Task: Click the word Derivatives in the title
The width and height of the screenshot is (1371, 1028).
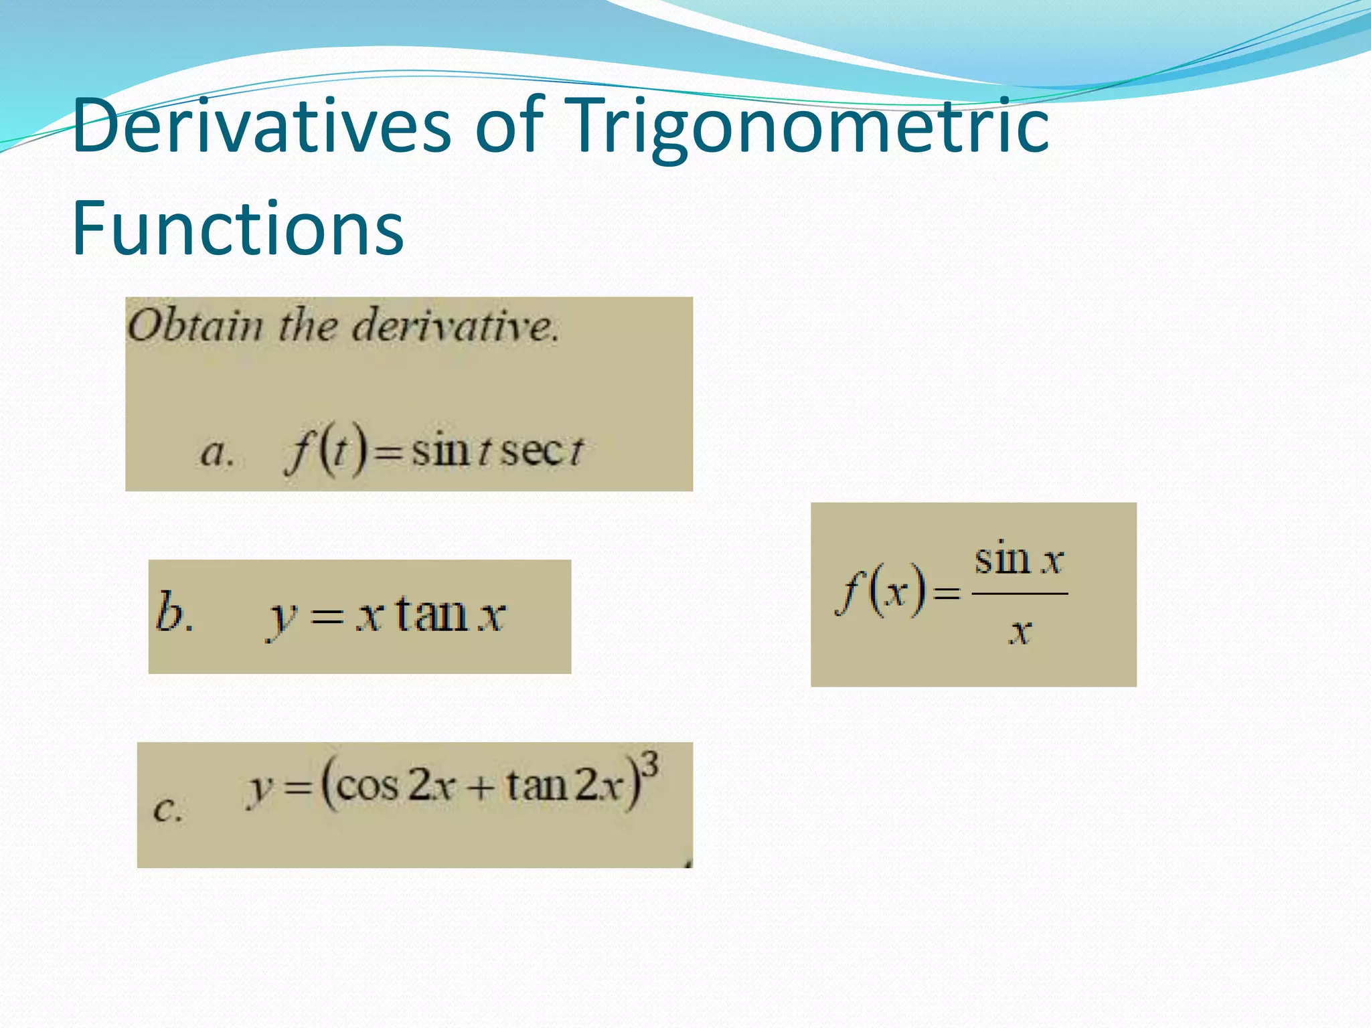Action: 262,126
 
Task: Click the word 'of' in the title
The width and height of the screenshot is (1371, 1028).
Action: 508,126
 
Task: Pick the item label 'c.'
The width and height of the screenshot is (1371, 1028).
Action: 167,808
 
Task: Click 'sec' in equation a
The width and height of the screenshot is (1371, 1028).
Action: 533,450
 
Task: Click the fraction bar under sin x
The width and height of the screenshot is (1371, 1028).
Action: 1019,594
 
